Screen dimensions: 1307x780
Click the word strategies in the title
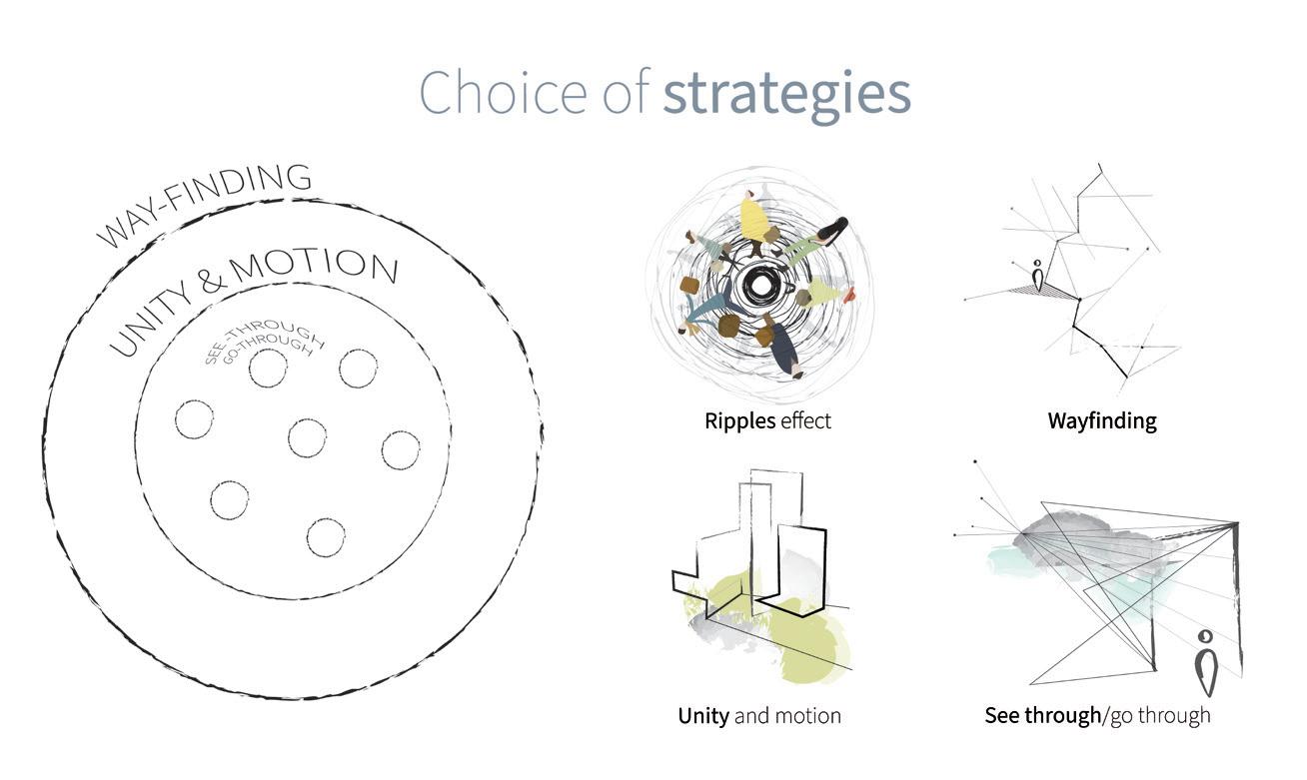pos(786,94)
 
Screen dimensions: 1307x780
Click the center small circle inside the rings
pos(307,437)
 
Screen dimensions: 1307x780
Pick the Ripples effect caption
pos(767,420)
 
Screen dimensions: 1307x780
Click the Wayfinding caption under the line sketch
pos(1101,420)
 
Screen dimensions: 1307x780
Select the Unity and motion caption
pos(759,716)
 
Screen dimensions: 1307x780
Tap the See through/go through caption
pos(1097,715)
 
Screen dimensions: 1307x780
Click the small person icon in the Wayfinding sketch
pos(1038,277)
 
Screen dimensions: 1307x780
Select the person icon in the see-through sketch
pos(1207,662)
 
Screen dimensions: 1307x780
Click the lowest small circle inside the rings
pos(326,537)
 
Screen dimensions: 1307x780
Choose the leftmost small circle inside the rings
pos(194,419)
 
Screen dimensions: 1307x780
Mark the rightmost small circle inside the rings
pos(401,450)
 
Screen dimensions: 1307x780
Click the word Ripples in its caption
pos(739,420)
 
